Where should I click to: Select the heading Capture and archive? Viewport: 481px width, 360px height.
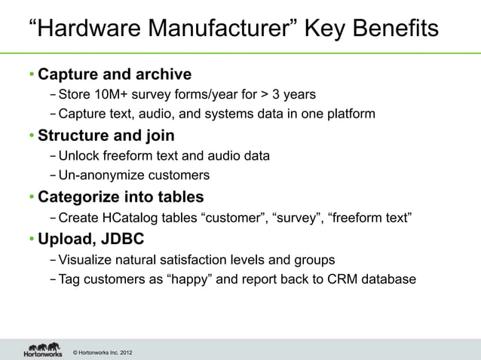pyautogui.click(x=115, y=75)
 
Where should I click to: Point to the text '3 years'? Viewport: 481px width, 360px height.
pyautogui.click(x=294, y=95)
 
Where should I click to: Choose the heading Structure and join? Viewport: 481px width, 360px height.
pyautogui.click(x=106, y=136)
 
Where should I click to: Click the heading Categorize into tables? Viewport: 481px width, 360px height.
pyautogui.click(x=121, y=198)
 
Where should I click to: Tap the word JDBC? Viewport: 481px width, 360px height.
pyautogui.click(x=121, y=240)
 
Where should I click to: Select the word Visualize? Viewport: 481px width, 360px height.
pyautogui.click(x=85, y=261)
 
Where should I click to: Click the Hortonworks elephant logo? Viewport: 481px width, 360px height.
pyautogui.click(x=42, y=348)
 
